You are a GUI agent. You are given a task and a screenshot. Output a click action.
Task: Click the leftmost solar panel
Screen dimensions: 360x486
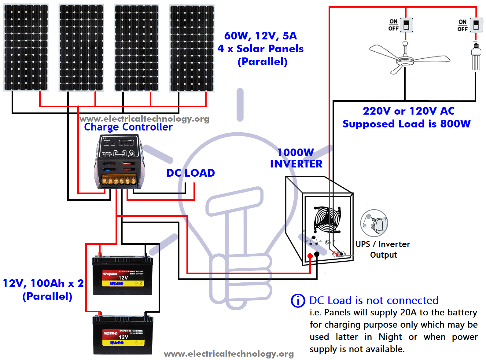tap(26, 48)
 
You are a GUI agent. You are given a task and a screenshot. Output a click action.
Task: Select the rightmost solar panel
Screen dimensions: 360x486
tap(192, 48)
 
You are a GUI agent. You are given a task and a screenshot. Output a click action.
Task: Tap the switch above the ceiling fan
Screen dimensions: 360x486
tap(406, 25)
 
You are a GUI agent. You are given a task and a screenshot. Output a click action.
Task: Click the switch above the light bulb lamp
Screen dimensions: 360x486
tap(476, 25)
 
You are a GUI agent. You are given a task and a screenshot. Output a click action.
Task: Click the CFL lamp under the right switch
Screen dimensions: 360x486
tap(476, 57)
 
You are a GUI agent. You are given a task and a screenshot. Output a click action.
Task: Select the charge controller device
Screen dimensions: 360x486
tap(119, 162)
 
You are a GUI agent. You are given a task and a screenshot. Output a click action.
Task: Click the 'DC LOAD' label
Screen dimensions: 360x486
tap(190, 173)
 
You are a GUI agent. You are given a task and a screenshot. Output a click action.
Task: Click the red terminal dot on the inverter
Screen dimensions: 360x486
tap(310, 256)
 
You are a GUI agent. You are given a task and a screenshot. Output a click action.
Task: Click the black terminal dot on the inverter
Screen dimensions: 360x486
tap(317, 254)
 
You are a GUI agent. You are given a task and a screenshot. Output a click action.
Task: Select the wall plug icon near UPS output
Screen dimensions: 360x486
tap(374, 223)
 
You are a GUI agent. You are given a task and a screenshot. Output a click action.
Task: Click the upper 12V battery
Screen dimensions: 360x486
tap(123, 276)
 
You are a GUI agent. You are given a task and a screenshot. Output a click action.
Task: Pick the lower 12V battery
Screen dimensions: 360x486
tap(123, 336)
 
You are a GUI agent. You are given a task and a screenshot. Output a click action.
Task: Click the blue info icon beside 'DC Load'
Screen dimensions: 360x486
tap(298, 301)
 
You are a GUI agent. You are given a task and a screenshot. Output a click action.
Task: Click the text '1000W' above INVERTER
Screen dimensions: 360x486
tap(296, 152)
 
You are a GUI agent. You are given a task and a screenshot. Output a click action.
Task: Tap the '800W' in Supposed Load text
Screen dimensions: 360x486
tap(455, 124)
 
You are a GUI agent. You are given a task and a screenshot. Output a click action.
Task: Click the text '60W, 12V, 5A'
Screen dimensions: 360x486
tap(260, 36)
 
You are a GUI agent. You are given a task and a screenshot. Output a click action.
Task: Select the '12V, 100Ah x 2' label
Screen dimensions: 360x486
tap(43, 283)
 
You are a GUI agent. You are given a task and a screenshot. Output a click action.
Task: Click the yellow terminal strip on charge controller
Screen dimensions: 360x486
tap(119, 180)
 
